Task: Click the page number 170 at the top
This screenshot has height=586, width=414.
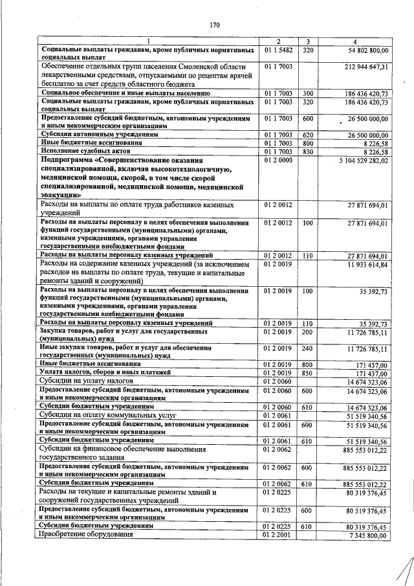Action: tap(215, 25)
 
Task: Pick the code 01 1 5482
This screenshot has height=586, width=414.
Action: tap(279, 50)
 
